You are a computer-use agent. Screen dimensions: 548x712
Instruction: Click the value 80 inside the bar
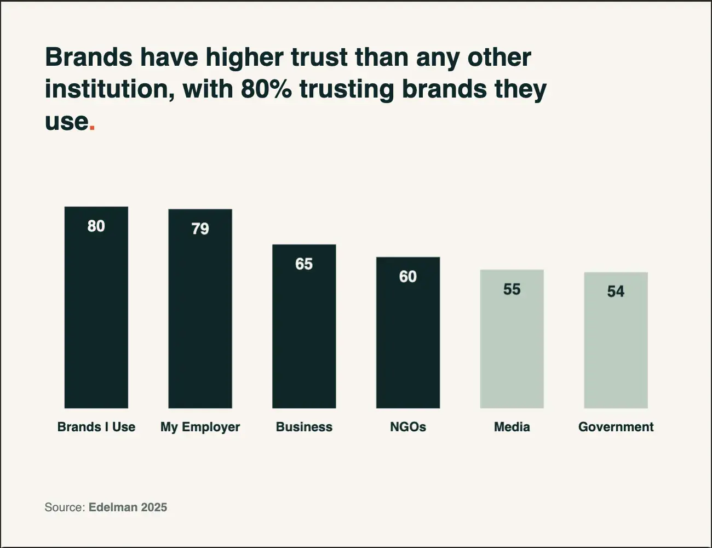coord(96,226)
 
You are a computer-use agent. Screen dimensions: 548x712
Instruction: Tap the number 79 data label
coord(200,229)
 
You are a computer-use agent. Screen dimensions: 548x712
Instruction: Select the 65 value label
coord(304,264)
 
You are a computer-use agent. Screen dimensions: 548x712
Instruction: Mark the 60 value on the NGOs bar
coord(408,277)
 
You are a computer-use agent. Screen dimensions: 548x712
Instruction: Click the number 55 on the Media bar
coord(512,289)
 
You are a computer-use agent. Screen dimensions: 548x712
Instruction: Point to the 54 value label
coord(616,292)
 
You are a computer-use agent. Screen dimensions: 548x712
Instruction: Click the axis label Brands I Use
coord(96,427)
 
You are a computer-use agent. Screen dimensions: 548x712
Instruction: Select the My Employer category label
coord(200,427)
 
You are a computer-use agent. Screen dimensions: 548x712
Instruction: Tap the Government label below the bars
coord(616,427)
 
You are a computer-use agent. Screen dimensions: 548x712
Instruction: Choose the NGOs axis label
coord(408,427)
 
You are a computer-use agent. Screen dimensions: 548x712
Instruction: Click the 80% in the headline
coord(266,89)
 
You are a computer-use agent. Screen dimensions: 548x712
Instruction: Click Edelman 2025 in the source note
coord(128,507)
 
